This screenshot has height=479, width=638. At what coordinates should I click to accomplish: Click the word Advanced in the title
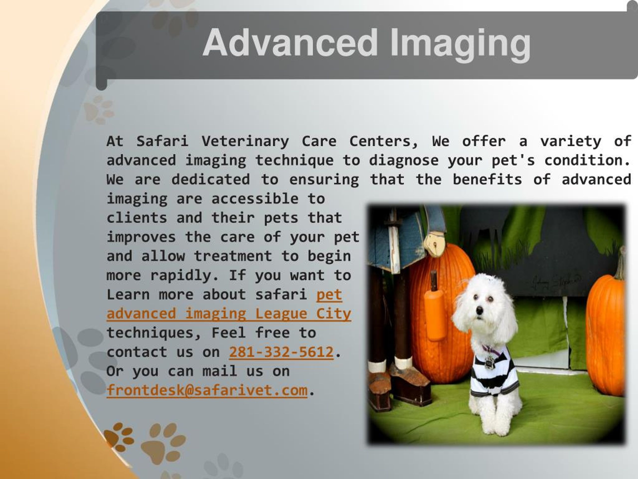290,42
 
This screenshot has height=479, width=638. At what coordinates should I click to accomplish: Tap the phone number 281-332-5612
281,352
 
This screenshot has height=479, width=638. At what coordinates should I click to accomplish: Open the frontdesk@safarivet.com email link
207,390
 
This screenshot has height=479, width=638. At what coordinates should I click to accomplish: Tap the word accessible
255,199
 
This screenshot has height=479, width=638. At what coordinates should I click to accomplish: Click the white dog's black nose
479,311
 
